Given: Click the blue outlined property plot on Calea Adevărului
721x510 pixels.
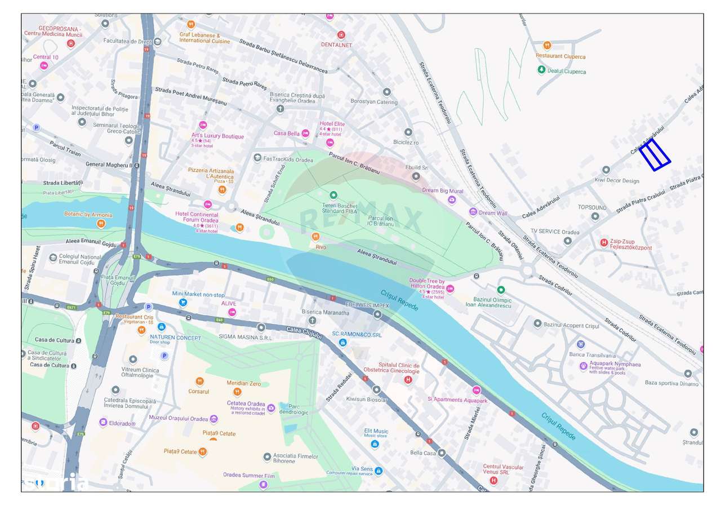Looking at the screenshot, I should (655, 154).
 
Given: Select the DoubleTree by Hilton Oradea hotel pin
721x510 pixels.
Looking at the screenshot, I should (450, 289).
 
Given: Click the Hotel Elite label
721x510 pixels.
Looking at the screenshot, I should (332, 124).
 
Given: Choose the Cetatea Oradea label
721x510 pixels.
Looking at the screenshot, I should (246, 403).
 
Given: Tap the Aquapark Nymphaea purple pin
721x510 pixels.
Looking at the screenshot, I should (584, 366).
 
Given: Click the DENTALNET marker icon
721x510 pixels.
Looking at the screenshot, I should (341, 36).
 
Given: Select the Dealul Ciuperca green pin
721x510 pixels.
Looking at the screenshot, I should (541, 69).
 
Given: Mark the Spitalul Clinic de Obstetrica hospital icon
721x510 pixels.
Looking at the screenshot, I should (408, 380).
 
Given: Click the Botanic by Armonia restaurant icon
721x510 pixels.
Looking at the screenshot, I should (101, 224).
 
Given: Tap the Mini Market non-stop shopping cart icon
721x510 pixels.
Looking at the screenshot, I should (183, 303).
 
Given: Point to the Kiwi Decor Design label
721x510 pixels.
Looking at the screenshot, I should (617, 181).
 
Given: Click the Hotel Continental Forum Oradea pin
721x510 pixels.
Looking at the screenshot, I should (208, 205).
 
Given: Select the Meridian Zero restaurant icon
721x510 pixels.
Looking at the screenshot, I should (237, 392).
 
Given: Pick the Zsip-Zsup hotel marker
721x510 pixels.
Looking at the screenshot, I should (604, 243).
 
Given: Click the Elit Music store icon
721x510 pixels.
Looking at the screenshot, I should (375, 444).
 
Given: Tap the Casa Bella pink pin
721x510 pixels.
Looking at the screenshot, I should (305, 134).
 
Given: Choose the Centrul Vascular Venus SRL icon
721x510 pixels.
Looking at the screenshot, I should (493, 481).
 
